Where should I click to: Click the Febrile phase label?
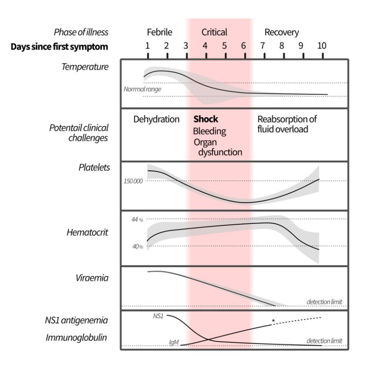tap(160, 32)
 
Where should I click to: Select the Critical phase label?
tap(214, 32)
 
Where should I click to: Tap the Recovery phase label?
tap(282, 32)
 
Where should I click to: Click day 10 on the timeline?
tap(322, 45)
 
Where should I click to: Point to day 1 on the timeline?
tap(147, 45)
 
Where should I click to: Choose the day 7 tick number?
tap(263, 45)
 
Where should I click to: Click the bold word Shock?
tap(206, 119)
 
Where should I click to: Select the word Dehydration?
tap(156, 119)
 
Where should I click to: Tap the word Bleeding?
tap(209, 131)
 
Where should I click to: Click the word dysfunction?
tap(220, 152)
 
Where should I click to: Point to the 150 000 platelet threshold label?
tap(133, 181)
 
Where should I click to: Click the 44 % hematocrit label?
tap(137, 220)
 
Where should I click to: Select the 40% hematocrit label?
tap(138, 247)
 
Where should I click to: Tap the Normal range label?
tap(142, 89)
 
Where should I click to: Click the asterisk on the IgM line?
tap(273, 321)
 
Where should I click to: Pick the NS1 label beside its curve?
tap(158, 316)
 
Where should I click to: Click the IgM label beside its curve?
tap(174, 342)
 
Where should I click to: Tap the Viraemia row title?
tap(92, 278)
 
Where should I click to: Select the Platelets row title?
tap(94, 167)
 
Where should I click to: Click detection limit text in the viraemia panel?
tap(324, 302)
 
